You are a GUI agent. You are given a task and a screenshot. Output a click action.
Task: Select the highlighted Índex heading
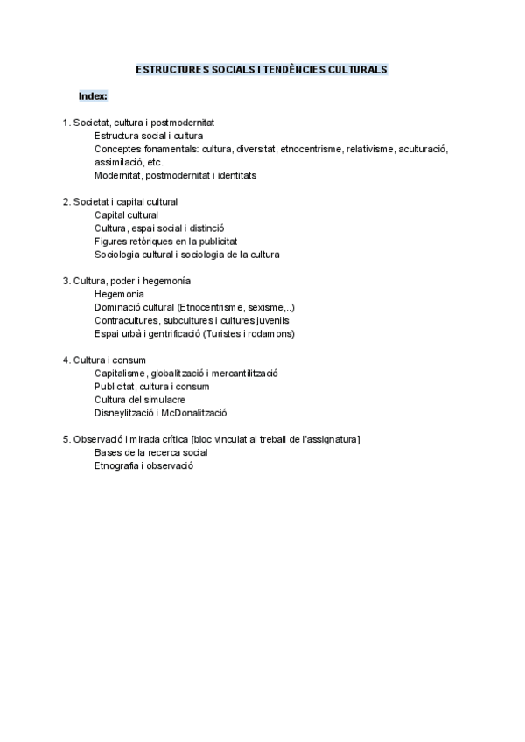coord(92,95)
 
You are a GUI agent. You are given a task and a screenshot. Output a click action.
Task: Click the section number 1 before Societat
coord(65,122)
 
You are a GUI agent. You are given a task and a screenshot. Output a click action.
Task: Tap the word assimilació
coord(119,162)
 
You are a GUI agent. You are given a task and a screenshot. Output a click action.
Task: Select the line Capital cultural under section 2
coord(126,214)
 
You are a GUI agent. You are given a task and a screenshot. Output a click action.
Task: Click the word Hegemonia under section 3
coord(119,294)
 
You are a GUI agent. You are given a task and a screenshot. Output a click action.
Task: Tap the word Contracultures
coord(125,320)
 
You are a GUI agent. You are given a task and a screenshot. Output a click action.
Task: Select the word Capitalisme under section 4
coord(122,373)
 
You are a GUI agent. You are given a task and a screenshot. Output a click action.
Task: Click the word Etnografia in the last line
coord(117,465)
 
